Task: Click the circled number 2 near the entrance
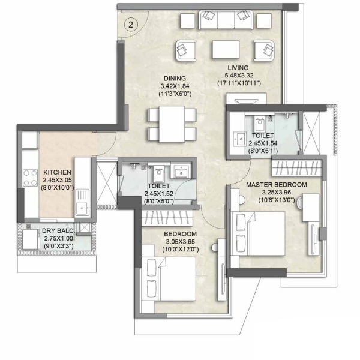(x=131, y=25)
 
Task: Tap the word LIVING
(x=238, y=68)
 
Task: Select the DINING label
(x=175, y=79)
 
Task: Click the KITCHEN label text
(x=57, y=172)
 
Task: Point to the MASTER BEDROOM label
(x=277, y=185)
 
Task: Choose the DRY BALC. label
(x=58, y=231)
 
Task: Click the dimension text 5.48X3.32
(x=239, y=76)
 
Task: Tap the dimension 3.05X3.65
(x=181, y=242)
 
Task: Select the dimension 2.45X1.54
(x=263, y=143)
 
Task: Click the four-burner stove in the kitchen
(x=30, y=178)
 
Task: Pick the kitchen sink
(x=82, y=202)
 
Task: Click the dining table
(x=172, y=124)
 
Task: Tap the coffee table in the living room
(x=226, y=50)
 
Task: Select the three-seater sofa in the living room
(x=226, y=20)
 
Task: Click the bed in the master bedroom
(x=258, y=233)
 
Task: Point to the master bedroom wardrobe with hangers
(x=297, y=167)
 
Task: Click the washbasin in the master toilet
(x=239, y=139)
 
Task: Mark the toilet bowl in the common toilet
(x=158, y=174)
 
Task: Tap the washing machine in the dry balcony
(x=31, y=239)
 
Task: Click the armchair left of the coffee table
(x=186, y=51)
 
